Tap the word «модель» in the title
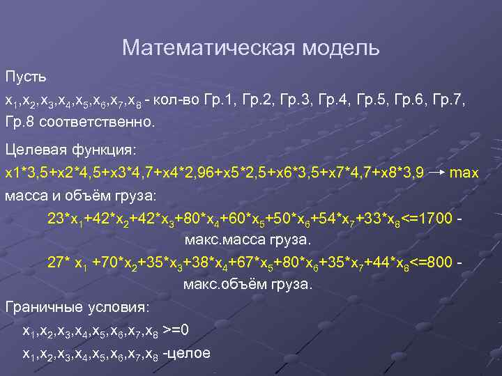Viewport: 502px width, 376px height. [x=341, y=48]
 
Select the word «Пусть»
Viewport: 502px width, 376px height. [x=25, y=74]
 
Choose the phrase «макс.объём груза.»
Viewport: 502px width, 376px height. [x=248, y=285]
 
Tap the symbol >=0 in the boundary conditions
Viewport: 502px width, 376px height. [x=176, y=330]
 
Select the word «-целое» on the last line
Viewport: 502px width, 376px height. [x=186, y=352]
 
